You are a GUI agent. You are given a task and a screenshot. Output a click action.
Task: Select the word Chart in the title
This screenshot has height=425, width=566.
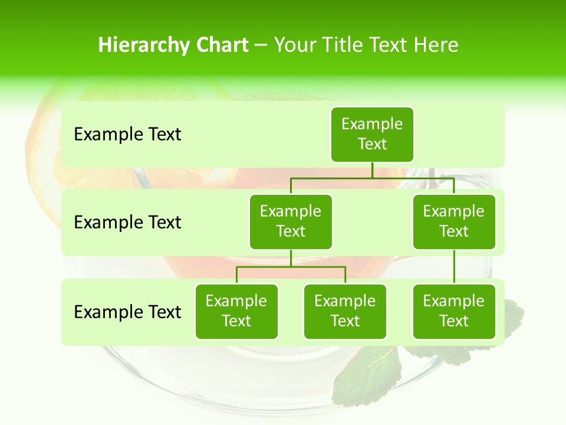221,45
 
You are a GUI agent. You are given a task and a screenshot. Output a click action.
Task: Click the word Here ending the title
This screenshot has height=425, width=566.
436,45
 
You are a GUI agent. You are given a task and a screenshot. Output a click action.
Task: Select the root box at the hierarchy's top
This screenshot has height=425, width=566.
372,134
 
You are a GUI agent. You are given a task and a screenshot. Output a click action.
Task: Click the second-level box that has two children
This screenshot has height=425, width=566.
291,221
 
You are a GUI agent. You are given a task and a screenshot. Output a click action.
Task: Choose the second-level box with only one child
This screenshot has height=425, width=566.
454,221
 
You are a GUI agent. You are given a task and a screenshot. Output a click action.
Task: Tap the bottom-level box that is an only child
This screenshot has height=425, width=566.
454,311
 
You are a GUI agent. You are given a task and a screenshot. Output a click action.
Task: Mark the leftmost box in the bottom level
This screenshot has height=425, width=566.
236,311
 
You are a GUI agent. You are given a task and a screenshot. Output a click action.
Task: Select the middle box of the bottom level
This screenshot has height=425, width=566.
345,311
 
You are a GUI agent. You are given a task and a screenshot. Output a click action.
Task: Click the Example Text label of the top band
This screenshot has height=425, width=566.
127,135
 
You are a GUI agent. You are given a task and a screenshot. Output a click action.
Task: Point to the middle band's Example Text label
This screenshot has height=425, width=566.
127,223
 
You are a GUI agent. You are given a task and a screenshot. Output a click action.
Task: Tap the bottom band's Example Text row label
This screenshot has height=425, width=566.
127,312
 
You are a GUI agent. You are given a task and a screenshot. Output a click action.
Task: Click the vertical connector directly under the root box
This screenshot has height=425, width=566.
372,170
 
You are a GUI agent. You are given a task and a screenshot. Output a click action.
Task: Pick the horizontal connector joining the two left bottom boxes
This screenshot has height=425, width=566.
291,267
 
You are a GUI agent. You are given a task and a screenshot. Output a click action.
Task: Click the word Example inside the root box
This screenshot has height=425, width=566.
372,124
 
